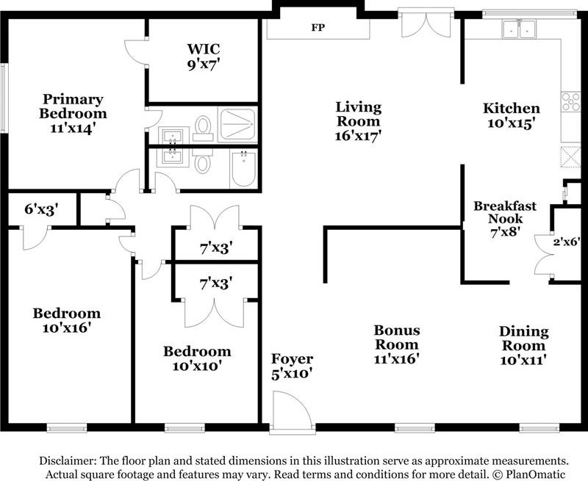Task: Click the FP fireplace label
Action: (x=318, y=27)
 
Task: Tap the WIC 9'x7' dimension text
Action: (x=204, y=65)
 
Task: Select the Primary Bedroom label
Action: (x=73, y=106)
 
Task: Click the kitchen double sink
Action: (x=520, y=29)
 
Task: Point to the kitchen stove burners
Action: (x=571, y=101)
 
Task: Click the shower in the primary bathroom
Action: (x=237, y=124)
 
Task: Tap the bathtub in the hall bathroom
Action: (x=243, y=169)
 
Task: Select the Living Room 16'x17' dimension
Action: (x=358, y=136)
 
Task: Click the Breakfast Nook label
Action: (x=505, y=212)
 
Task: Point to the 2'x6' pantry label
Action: (x=567, y=242)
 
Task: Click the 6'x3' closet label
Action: (x=42, y=209)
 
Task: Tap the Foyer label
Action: (x=292, y=358)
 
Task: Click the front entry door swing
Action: (x=293, y=409)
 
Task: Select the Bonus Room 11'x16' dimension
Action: (x=396, y=359)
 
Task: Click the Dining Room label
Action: (x=524, y=339)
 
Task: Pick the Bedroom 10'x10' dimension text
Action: (x=197, y=366)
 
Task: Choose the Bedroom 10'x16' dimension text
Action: (x=67, y=328)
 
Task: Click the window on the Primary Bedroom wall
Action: (x=4, y=98)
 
